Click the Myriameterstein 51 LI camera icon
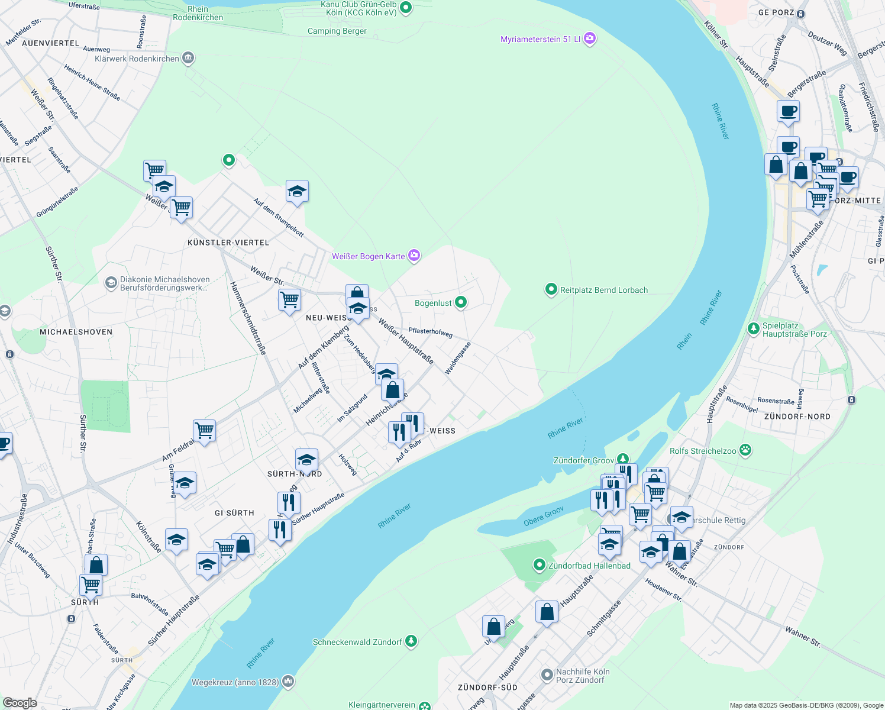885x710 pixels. coord(589,39)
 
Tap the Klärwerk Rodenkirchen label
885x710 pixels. coord(137,59)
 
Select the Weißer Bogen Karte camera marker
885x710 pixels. coord(414,256)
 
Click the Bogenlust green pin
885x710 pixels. coord(461,303)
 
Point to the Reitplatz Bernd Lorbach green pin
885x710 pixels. coord(551,290)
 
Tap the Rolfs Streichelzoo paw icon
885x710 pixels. coord(745,451)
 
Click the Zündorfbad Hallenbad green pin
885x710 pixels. coord(539,566)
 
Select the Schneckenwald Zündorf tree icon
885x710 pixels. coord(411,641)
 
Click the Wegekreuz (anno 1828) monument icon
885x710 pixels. coord(288,682)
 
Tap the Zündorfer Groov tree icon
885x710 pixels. coord(622,460)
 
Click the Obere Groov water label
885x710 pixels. coord(544,516)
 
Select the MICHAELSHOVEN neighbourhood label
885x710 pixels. coord(76,332)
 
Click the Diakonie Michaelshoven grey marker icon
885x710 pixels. coord(111,283)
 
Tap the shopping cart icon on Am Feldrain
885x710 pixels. coord(204,431)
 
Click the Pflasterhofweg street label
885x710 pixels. coord(431,333)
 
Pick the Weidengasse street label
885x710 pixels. coord(458,357)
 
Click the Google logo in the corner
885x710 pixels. coord(20,703)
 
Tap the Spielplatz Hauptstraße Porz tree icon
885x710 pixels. coord(753,329)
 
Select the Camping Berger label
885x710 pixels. coord(337,31)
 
